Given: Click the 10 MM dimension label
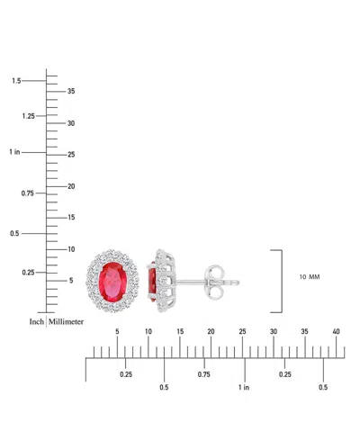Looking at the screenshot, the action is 310,277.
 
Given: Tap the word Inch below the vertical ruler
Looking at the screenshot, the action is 37,322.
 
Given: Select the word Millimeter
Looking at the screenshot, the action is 66,322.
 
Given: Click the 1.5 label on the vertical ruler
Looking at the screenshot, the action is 16,81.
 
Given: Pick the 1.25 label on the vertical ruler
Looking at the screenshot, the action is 29,116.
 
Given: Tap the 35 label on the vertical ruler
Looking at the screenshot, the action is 71,91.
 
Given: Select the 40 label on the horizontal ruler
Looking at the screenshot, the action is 336,331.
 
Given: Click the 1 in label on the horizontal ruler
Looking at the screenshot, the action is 244,387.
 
